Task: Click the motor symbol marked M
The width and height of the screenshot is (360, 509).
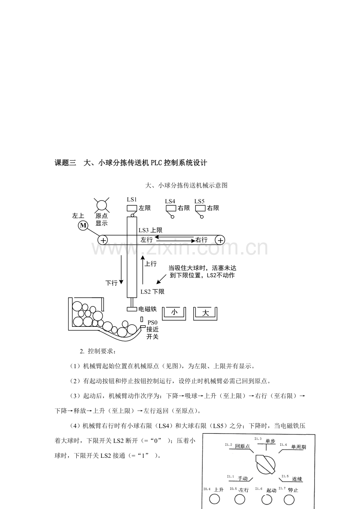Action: click(83, 226)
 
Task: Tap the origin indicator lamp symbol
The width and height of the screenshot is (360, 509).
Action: click(101, 205)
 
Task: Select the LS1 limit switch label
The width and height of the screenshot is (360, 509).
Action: click(132, 199)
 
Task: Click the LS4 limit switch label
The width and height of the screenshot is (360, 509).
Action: click(170, 201)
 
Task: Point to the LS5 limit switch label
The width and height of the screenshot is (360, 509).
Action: click(199, 201)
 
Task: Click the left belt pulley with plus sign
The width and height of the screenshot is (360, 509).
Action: click(103, 240)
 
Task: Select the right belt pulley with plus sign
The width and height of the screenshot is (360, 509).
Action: click(220, 240)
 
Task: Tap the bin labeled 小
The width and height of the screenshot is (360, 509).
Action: click(174, 314)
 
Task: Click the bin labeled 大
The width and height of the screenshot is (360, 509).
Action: click(205, 314)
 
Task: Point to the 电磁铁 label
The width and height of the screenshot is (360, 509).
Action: click(148, 309)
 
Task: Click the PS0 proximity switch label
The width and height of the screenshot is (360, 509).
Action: click(152, 323)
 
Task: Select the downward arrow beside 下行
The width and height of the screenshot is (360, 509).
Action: click(121, 269)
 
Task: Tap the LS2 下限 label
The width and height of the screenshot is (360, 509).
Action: click(152, 292)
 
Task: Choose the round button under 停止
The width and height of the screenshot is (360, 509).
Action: click(289, 500)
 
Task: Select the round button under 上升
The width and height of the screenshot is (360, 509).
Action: click(214, 499)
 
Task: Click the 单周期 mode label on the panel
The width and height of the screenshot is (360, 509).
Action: click(299, 447)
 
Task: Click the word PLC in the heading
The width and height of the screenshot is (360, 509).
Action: click(157, 163)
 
